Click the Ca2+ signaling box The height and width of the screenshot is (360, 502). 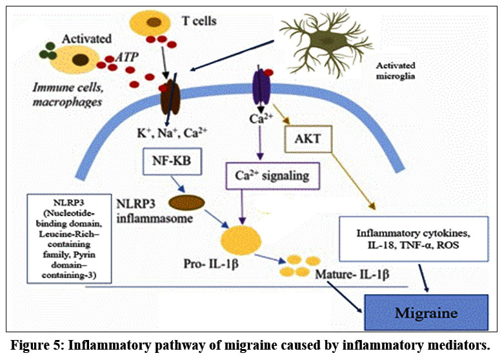[265, 175]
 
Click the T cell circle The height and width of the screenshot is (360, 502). [152, 24]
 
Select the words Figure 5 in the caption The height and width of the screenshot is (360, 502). [43, 343]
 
